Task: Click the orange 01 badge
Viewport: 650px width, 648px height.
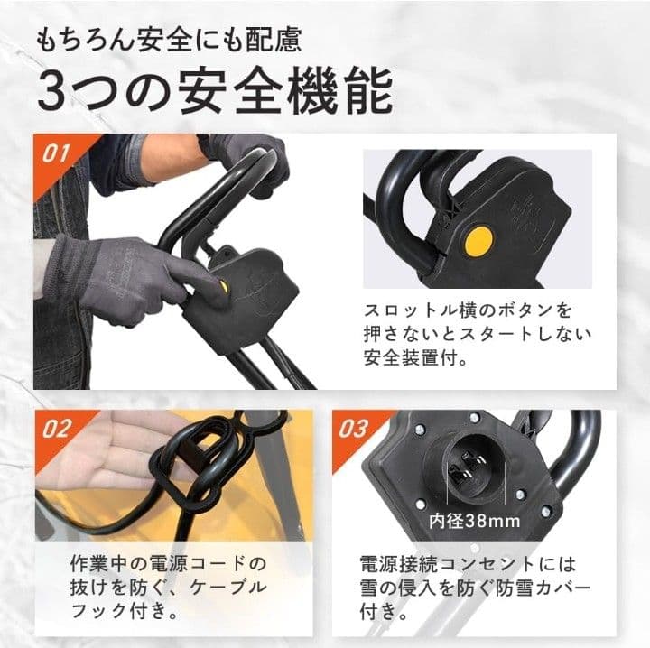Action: (56, 153)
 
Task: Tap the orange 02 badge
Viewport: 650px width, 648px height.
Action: (56, 428)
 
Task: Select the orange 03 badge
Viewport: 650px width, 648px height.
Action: (355, 428)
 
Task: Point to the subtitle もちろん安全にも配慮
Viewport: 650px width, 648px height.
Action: (168, 40)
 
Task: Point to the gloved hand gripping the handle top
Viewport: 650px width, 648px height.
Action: (248, 155)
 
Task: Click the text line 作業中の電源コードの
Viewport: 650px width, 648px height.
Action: (168, 564)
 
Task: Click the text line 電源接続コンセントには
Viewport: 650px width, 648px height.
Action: (468, 564)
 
